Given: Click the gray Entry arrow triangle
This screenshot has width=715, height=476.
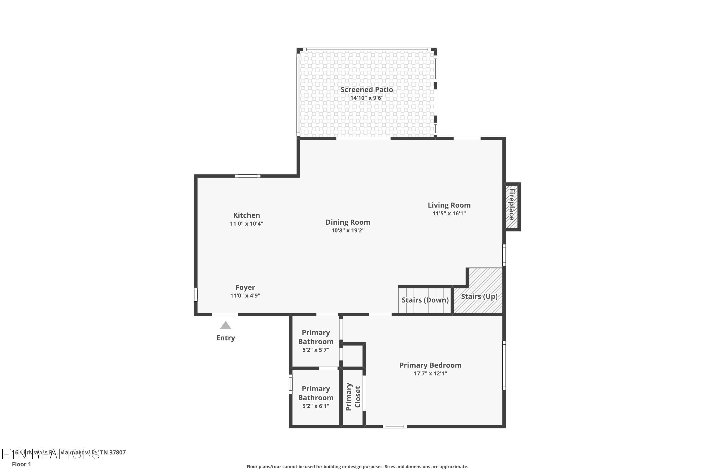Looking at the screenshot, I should point(225,326).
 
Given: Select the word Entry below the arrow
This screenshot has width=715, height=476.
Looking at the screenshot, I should point(225,338).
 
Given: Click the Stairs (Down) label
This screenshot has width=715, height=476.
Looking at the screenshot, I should point(425,300).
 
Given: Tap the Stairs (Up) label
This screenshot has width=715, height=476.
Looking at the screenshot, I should point(479,296).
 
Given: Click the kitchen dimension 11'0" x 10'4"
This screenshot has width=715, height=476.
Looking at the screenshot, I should point(246,224).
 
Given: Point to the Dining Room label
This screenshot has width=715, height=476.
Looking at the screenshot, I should point(348,222).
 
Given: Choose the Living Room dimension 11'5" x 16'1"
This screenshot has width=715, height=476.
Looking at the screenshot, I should point(449,213).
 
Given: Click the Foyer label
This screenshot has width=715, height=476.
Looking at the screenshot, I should point(245,287).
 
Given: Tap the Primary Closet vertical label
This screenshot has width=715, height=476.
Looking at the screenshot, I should point(353,397).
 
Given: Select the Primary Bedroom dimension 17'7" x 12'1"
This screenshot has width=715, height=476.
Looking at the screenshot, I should point(430,373).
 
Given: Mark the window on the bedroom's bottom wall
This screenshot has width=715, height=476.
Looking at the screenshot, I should point(395,426).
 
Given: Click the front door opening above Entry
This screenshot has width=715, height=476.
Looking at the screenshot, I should point(225,314).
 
